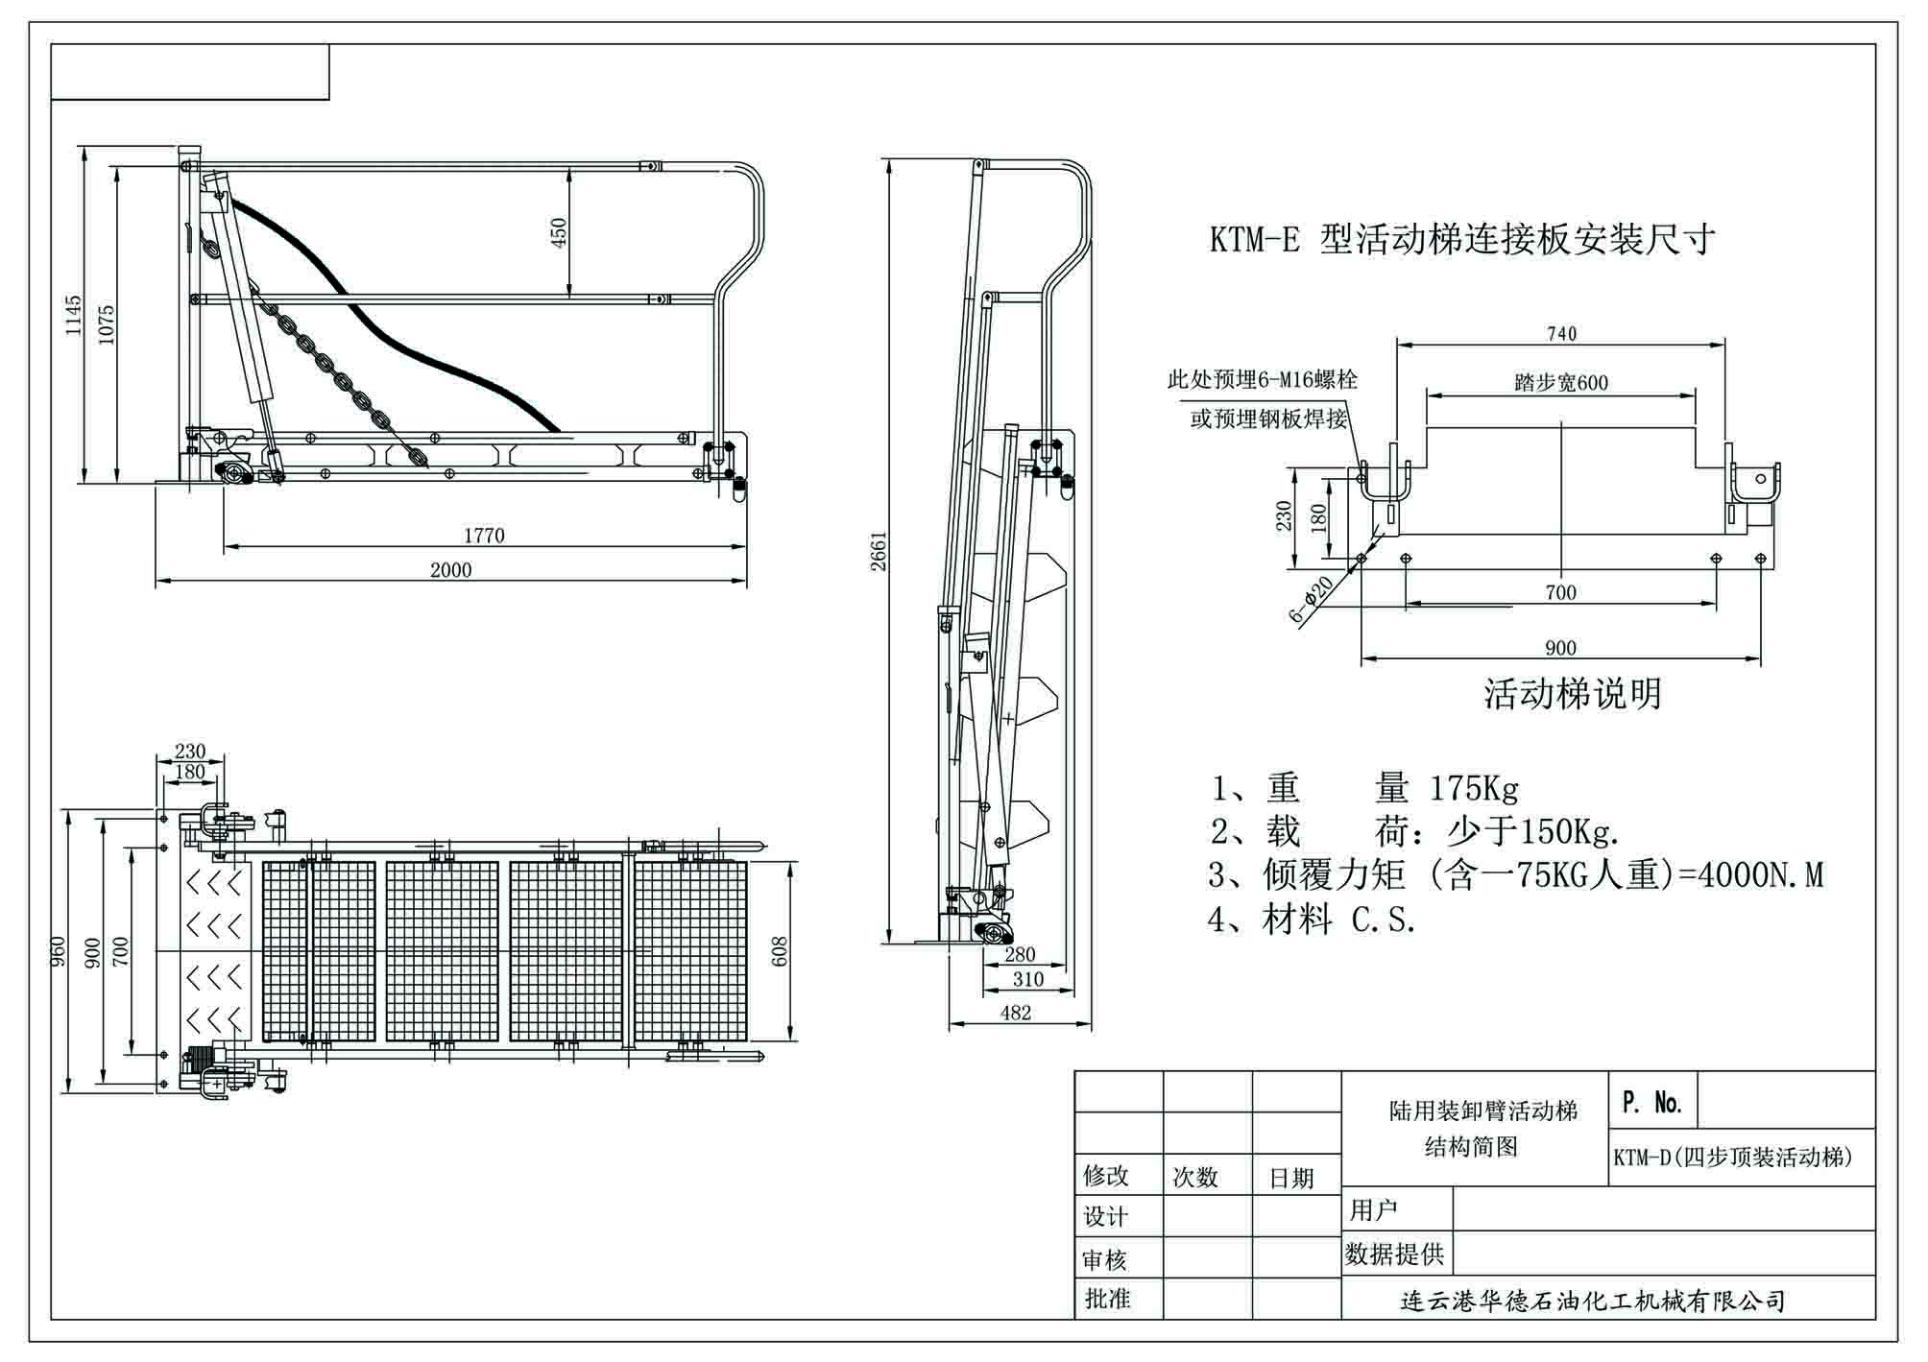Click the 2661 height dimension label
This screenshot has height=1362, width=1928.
tap(879, 550)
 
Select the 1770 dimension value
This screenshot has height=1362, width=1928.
tap(483, 536)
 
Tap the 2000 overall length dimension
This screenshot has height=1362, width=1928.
tap(450, 570)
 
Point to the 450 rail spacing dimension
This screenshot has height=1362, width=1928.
tap(559, 231)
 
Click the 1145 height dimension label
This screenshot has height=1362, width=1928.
tap(73, 315)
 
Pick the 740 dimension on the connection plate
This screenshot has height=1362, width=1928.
tap(1561, 334)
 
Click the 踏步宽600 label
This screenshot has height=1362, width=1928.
tap(1561, 383)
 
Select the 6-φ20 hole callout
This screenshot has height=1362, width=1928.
tap(1312, 600)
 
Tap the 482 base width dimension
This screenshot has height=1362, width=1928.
tap(1015, 1013)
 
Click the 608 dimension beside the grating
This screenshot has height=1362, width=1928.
tap(779, 951)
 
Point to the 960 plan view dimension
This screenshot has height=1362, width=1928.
tap(58, 950)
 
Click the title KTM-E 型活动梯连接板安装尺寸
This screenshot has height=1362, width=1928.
tap(1461, 240)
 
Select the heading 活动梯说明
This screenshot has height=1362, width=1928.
tap(1572, 694)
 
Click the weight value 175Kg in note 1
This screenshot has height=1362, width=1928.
tap(1474, 789)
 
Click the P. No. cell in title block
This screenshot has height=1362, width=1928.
tap(1652, 1103)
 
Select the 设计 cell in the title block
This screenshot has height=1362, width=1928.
tap(1105, 1217)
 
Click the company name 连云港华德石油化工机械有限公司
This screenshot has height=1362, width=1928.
tap(1593, 1302)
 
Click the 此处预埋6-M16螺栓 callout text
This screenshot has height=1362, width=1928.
tap(1262, 380)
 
